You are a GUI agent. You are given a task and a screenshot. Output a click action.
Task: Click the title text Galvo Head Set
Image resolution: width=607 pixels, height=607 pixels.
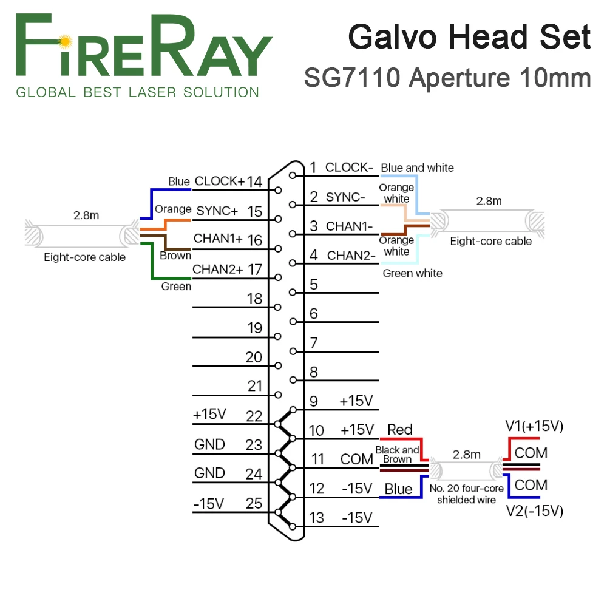coord(469,37)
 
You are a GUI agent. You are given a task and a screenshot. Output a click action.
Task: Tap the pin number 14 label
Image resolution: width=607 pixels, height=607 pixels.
coord(255,181)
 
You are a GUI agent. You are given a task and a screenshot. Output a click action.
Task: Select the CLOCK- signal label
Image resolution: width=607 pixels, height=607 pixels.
coord(349,168)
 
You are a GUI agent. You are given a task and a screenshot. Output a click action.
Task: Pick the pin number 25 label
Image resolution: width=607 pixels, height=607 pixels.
coord(255,503)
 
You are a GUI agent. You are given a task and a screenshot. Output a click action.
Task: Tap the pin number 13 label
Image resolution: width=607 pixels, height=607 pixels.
coord(316,518)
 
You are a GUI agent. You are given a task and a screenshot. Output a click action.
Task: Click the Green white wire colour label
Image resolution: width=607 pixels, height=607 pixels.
coord(412,273)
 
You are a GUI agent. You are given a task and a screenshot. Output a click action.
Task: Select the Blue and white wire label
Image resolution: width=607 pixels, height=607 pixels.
coord(417,168)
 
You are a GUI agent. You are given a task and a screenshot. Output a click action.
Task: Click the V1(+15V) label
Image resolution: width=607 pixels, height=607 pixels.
coord(534,427)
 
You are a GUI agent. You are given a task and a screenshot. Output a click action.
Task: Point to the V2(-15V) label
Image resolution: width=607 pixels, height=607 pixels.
coord(534,511)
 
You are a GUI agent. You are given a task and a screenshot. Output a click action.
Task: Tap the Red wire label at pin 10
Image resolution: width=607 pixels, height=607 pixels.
coord(399,430)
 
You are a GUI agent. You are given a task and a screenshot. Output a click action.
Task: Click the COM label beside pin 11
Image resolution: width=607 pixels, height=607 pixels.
coord(356,459)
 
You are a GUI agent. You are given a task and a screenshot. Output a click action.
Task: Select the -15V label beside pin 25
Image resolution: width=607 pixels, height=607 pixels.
coord(208,503)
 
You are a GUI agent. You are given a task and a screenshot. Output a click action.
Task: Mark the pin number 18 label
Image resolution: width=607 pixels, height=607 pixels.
coord(255,299)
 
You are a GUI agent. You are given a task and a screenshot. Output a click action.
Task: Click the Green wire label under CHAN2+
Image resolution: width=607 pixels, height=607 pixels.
coord(176,286)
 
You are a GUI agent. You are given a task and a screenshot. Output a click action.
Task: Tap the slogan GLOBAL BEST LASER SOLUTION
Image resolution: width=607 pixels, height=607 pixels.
coord(137,93)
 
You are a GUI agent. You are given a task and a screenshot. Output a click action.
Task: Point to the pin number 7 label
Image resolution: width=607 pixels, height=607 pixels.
coord(314,343)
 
